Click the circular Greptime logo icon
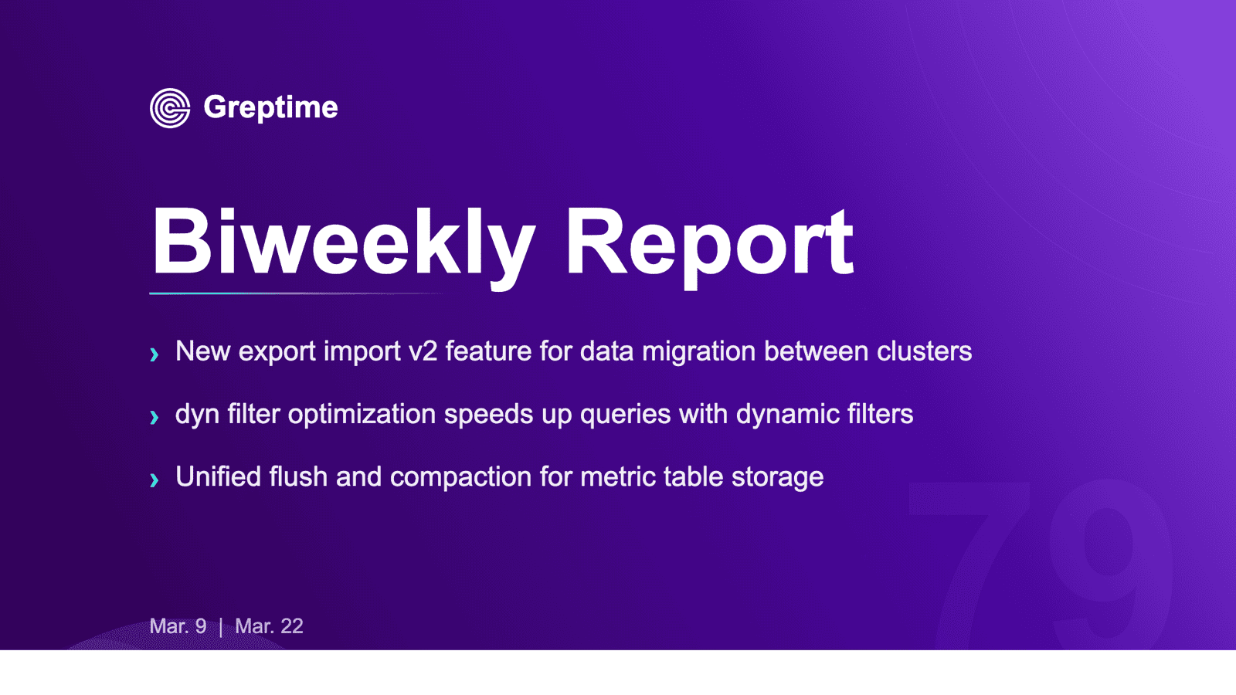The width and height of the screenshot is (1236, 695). coord(170,108)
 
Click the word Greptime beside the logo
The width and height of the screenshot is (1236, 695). coord(270,107)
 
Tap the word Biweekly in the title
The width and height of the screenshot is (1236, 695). coord(342,243)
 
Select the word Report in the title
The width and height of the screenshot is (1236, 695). coord(708,243)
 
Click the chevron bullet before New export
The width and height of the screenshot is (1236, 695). coord(154,354)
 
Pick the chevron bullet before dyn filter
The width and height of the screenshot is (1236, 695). coord(154,417)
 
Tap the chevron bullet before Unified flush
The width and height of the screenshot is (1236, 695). coord(154,480)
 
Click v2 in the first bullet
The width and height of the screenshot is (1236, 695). coord(423,352)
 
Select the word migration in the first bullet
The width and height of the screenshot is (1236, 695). coord(698,352)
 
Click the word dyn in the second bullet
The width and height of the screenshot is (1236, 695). coord(197,415)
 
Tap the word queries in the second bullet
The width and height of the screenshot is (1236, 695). coord(625,415)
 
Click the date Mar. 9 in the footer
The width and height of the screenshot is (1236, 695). coord(178,626)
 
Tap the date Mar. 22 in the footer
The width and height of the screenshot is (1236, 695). coord(269,626)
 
